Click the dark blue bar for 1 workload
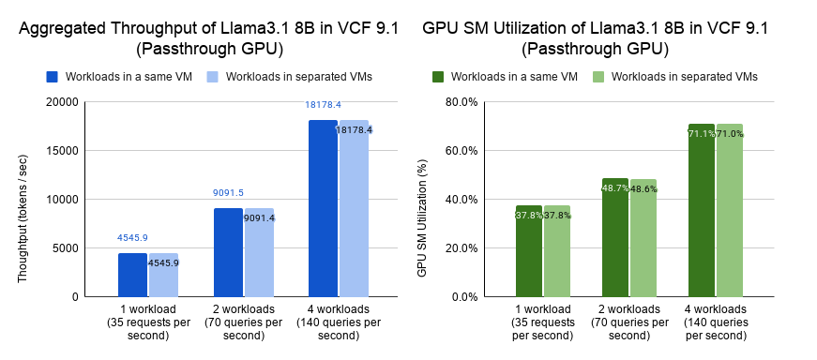point(132,275)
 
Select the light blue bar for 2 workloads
point(260,253)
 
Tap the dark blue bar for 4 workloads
point(323,208)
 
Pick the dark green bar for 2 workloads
point(614,237)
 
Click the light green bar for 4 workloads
point(730,211)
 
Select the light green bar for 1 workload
point(557,251)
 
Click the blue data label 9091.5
point(228,193)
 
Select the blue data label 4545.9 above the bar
point(132,237)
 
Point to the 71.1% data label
point(702,134)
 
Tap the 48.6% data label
point(643,189)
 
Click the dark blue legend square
point(53,77)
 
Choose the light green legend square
point(598,77)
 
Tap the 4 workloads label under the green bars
point(716,308)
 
